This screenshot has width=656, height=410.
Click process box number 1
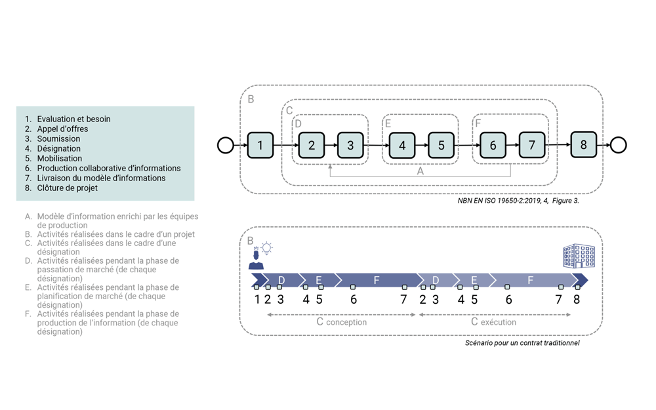pos(260,145)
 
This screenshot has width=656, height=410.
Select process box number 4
pos(402,145)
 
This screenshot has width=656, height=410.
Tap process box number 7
pos(532,145)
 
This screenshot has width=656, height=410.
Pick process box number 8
pos(584,145)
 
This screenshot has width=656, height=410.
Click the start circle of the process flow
pos(226,145)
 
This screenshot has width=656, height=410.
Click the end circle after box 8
pos(619,145)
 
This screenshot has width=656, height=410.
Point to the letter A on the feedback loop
pos(420,171)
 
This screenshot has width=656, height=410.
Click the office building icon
pos(579,256)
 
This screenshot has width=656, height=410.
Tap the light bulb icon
pos(266,248)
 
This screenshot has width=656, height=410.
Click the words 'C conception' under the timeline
pos(341,321)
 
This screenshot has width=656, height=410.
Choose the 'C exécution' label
pos(494,321)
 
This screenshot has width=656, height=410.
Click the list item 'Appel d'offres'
pos(62,129)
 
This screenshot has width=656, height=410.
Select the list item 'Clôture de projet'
pos(67,188)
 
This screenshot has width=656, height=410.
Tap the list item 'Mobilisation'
pos(60,158)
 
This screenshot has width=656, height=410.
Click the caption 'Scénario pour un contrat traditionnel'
pos(522,343)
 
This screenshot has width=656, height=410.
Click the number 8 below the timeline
pos(577,300)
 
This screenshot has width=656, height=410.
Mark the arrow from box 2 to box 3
pos(331,145)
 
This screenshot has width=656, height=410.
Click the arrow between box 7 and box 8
pos(558,145)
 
